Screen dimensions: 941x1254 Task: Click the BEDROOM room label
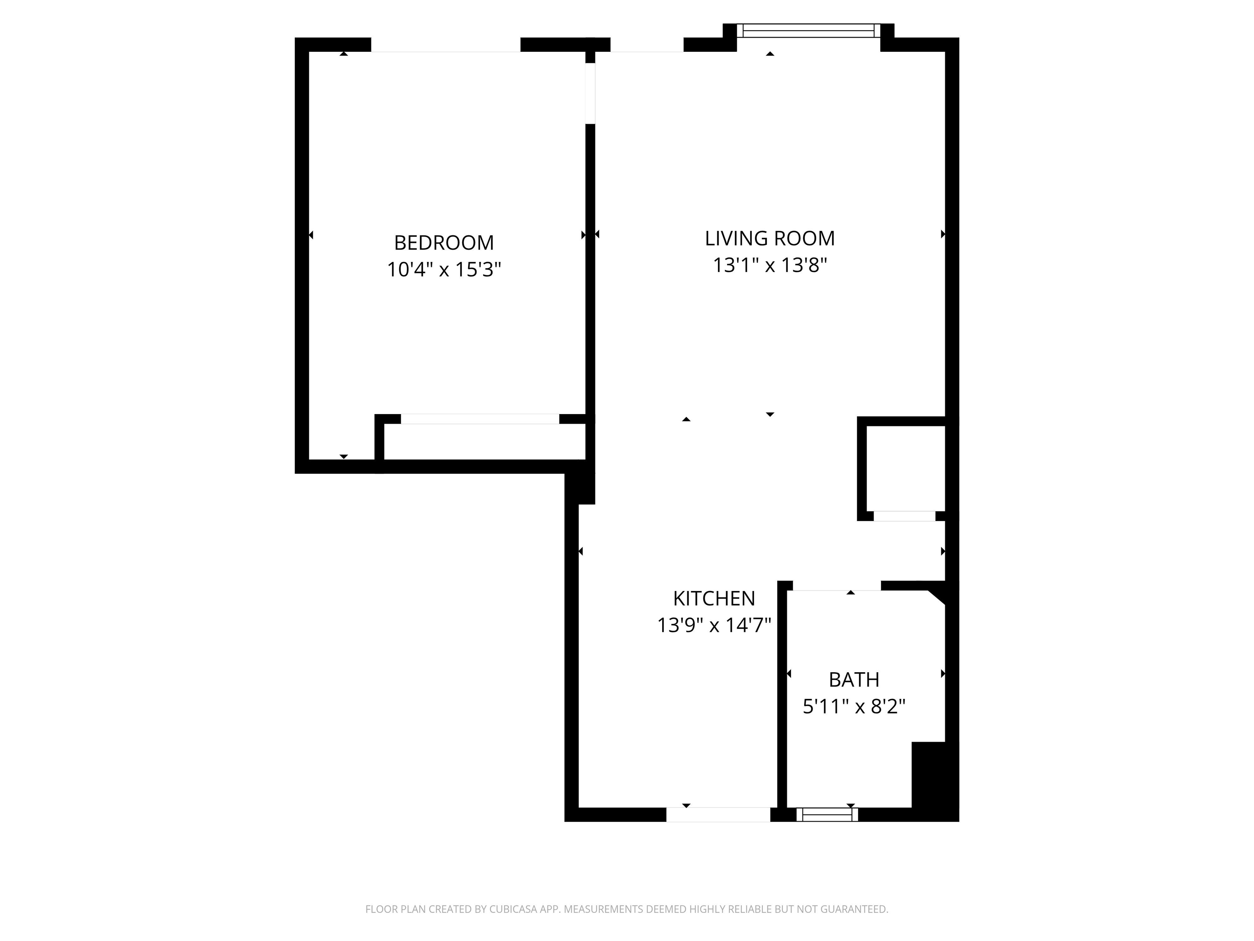(x=444, y=243)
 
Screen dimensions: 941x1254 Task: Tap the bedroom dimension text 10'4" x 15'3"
(x=444, y=270)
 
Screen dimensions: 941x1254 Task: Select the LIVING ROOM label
(x=769, y=238)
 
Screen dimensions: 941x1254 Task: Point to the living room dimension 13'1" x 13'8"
(x=769, y=265)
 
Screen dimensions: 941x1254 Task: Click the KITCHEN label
(x=714, y=598)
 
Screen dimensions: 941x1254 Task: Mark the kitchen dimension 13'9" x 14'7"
(x=714, y=625)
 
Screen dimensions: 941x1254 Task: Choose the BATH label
(x=854, y=680)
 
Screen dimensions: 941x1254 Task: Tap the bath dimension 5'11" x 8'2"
(x=854, y=707)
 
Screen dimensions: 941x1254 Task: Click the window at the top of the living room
(x=808, y=31)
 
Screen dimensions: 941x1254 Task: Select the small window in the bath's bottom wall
(x=827, y=814)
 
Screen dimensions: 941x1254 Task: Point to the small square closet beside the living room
(x=905, y=468)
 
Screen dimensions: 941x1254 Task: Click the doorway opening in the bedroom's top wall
(x=446, y=45)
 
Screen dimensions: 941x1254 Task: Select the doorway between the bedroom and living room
(x=590, y=93)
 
